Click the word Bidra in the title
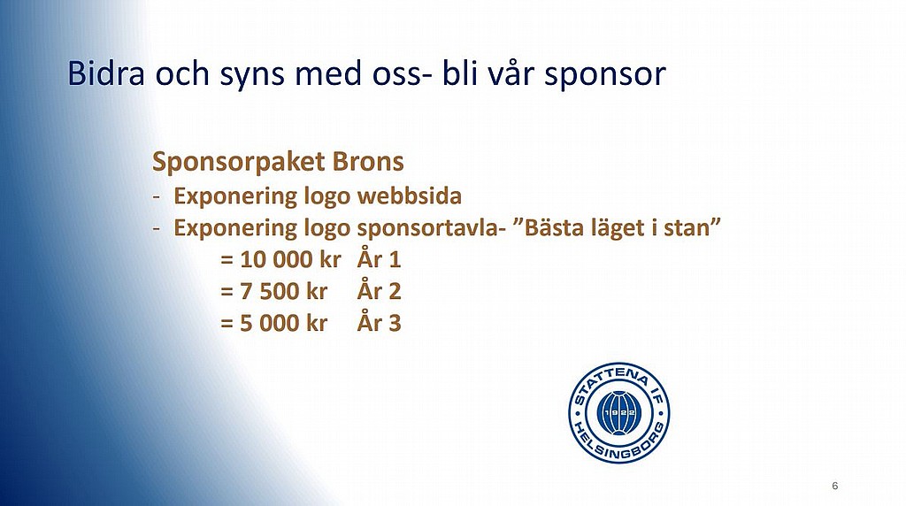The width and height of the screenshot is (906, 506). tap(106, 73)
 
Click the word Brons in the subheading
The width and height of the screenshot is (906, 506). tap(368, 162)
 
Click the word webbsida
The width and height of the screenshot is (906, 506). tap(410, 195)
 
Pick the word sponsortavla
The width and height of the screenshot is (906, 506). tap(427, 228)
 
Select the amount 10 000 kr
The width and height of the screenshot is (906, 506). tap(290, 260)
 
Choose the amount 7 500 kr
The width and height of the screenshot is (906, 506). tap(284, 292)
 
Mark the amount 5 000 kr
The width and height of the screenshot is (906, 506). tap(284, 324)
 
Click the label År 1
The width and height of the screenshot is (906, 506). tap(379, 258)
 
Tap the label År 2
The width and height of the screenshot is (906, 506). tap(379, 290)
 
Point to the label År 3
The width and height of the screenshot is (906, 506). tap(379, 322)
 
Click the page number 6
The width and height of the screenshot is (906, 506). tap(835, 486)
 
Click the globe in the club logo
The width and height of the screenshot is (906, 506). tap(618, 413)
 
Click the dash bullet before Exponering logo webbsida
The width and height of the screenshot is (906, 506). tap(156, 197)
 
